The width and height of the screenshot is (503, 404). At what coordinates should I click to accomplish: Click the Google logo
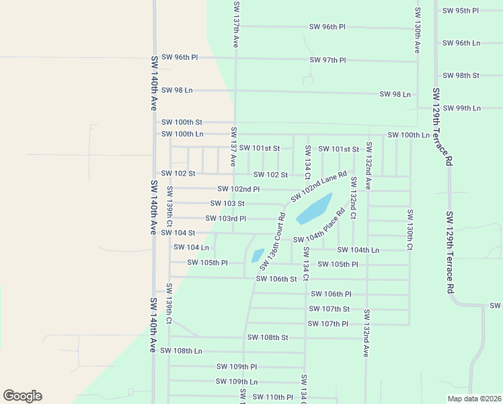pyautogui.click(x=22, y=396)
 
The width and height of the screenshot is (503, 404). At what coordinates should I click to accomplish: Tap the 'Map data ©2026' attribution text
pyautogui.click(x=473, y=399)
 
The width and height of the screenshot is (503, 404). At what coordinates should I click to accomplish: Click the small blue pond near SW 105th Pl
pyautogui.click(x=258, y=256)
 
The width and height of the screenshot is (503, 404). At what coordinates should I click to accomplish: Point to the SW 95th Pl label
pyautogui.click(x=461, y=11)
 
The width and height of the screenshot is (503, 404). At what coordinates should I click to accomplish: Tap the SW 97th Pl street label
pyautogui.click(x=327, y=61)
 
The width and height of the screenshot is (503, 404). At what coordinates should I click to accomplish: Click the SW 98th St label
pyautogui.click(x=461, y=75)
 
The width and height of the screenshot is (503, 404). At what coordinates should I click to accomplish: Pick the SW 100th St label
pyautogui.click(x=182, y=122)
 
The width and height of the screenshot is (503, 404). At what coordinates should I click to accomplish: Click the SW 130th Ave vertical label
pyautogui.click(x=417, y=31)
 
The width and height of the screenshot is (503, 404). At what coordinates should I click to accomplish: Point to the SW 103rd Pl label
pyautogui.click(x=225, y=218)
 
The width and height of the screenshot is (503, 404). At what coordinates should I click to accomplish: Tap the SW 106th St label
pyautogui.click(x=276, y=279)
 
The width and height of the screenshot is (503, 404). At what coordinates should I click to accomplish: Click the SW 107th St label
pyautogui.click(x=329, y=309)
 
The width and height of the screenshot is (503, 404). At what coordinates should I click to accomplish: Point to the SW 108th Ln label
pyautogui.click(x=182, y=351)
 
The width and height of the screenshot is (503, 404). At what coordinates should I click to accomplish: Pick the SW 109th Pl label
pyautogui.click(x=237, y=367)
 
